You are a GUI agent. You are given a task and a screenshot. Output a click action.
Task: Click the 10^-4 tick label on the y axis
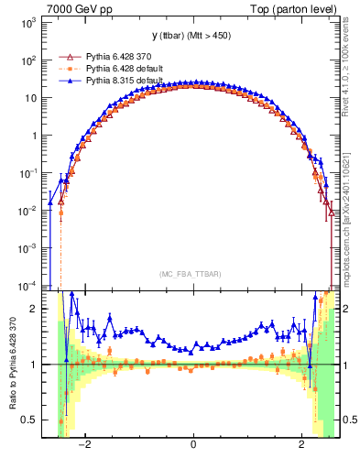[x=27, y=285]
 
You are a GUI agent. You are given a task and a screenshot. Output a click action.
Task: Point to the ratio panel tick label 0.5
[x=30, y=420]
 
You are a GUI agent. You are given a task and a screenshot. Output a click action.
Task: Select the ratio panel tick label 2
[x=35, y=309]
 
